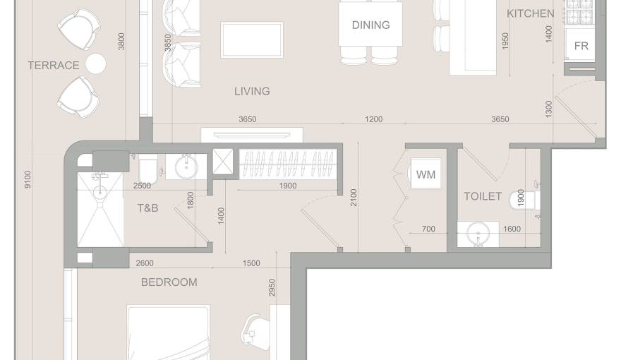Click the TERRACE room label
point(54,66)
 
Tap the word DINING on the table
point(370,25)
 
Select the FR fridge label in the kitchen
point(581,47)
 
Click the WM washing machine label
point(426,174)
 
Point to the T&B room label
point(147,208)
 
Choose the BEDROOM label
point(169,282)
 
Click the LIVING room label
point(252,91)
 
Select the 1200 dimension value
point(374,119)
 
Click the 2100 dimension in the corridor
point(354,198)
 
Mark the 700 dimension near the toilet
point(428,229)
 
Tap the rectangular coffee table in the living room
point(252,40)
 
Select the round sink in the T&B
point(186,168)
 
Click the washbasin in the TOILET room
point(478,234)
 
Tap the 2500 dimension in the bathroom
point(143,186)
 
